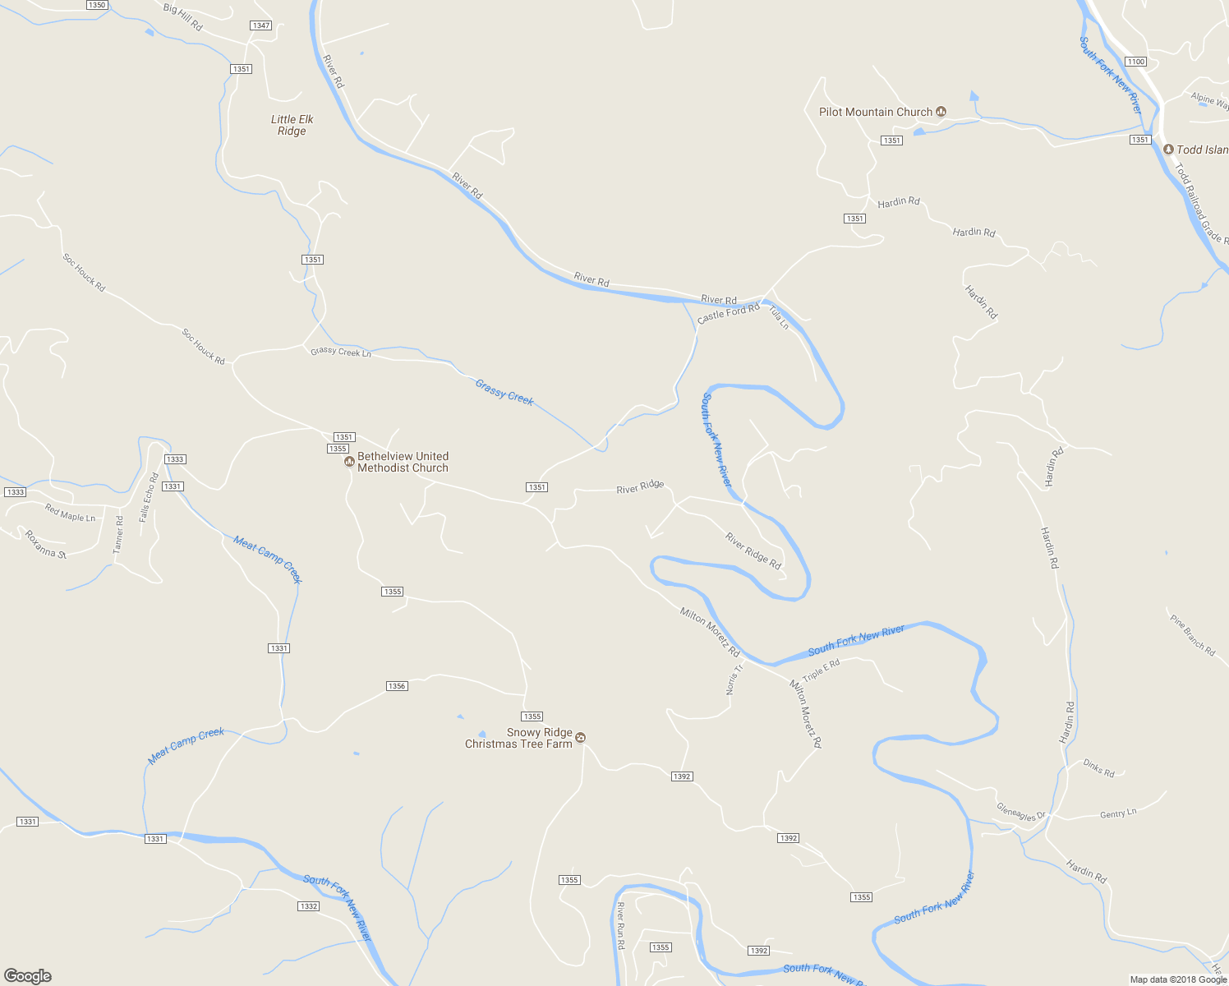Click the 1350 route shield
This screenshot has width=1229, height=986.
coord(97,5)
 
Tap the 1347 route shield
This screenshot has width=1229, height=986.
coord(261,25)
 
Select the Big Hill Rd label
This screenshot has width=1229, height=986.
coord(183,16)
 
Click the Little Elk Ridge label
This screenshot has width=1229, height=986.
coord(292,125)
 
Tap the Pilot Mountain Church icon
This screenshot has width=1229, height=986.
coord(941,112)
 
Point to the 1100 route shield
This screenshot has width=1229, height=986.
coord(1136,62)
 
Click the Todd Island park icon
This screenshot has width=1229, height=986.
coord(1169,150)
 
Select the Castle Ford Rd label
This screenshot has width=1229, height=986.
coord(729,313)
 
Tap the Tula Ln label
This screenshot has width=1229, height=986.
coord(779,317)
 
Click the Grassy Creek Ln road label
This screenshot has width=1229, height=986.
coord(341,352)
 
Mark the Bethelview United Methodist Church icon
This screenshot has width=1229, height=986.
coord(349,462)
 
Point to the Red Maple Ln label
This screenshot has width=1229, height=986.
coord(70,514)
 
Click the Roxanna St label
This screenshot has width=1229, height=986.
coord(45,544)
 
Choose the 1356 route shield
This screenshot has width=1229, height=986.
coord(397,686)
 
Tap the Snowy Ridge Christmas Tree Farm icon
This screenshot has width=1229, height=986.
coord(581,737)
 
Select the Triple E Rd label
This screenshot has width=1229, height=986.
coord(822,670)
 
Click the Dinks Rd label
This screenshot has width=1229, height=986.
coord(1098,769)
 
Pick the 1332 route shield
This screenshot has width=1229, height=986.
coord(308,906)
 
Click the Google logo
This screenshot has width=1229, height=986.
coord(28,976)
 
